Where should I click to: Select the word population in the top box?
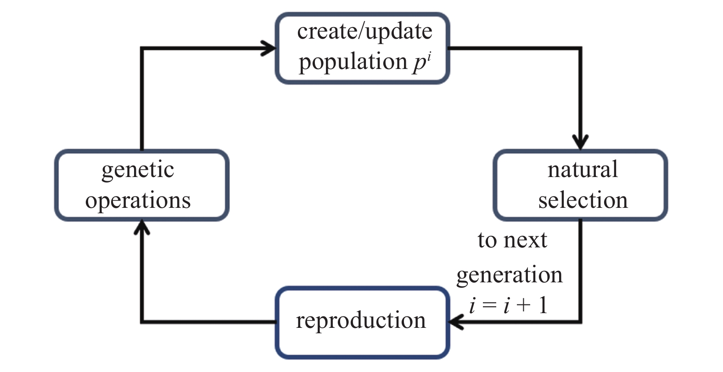353,62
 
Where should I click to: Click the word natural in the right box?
582,170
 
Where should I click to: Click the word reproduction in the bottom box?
361,320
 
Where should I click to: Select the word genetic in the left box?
138,170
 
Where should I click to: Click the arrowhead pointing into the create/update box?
270,48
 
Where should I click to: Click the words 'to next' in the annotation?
512,240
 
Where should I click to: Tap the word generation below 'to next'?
509,275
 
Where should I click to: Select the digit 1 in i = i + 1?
544,305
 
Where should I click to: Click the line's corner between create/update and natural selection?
581,48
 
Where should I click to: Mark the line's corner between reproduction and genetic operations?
142,321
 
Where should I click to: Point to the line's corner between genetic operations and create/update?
142,48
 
